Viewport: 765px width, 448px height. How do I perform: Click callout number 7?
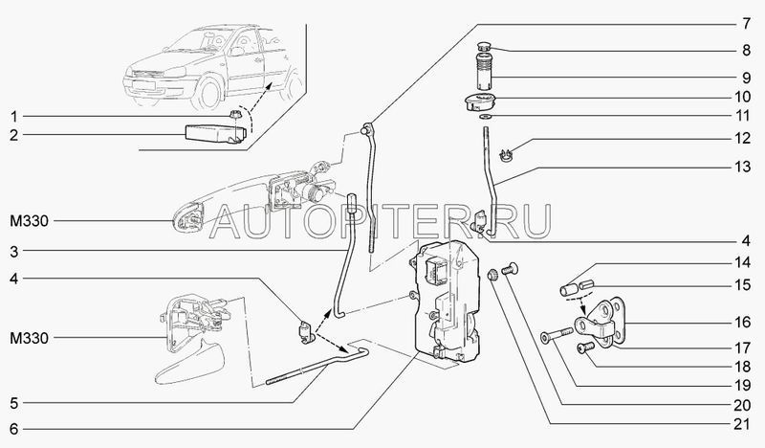746,23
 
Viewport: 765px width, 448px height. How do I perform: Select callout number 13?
743,168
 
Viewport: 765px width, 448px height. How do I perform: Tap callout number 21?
742,424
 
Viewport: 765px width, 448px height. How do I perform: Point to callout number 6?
13,429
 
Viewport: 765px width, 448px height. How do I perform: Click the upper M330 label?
30,221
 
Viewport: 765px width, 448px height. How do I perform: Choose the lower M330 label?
30,338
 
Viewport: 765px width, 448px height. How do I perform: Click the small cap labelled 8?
485,48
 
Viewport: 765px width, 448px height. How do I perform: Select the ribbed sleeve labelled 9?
484,72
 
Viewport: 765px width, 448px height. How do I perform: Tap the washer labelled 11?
486,117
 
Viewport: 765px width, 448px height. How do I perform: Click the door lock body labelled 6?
448,303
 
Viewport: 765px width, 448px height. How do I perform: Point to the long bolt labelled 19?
557,335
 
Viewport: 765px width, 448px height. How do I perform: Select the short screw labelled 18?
583,347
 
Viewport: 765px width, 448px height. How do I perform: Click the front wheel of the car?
208,93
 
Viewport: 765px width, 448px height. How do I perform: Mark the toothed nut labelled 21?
493,275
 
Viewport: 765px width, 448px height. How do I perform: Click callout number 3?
13,251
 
